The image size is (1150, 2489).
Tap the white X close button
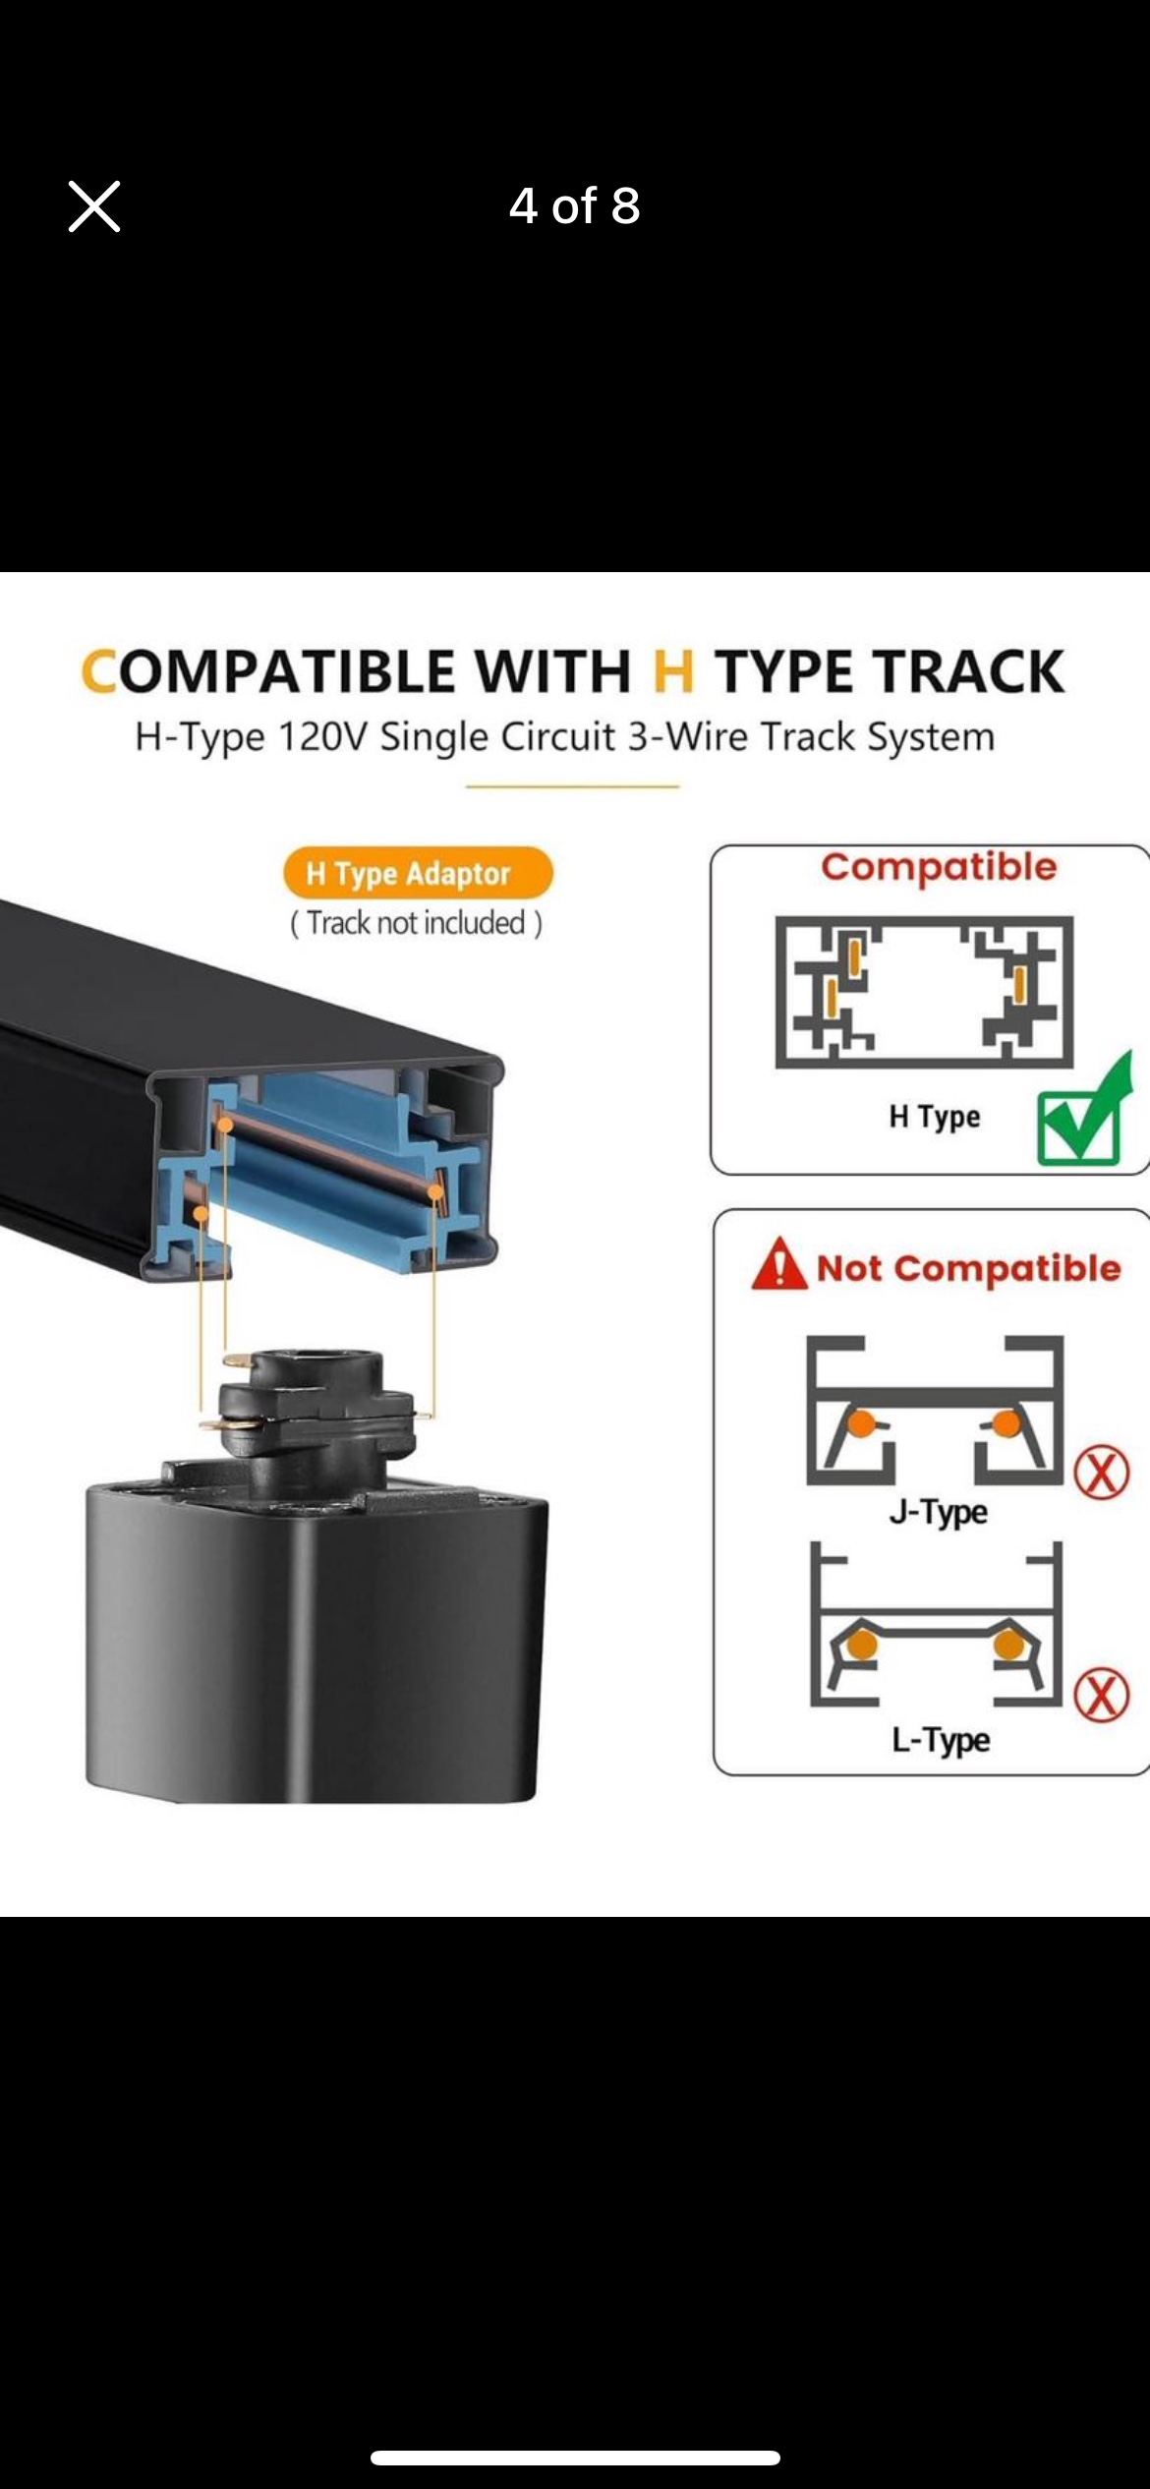[x=94, y=206]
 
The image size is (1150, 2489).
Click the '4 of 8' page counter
[x=574, y=206]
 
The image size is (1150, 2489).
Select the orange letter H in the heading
[x=673, y=672]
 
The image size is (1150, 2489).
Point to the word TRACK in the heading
[x=969, y=672]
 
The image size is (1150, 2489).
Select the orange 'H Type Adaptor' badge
[x=418, y=873]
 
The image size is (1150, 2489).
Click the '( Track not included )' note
[x=416, y=923]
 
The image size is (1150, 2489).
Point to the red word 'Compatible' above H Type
[x=939, y=867]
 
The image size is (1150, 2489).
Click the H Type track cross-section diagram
[x=924, y=992]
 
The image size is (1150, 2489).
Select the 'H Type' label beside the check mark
[x=935, y=1118]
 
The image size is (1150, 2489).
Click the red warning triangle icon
[x=778, y=1264]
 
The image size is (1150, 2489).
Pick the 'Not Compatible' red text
[x=968, y=1268]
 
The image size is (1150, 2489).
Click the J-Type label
[x=939, y=1512]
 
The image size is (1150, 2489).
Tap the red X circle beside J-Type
[x=1102, y=1472]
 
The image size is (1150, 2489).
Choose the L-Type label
[x=941, y=1740]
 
